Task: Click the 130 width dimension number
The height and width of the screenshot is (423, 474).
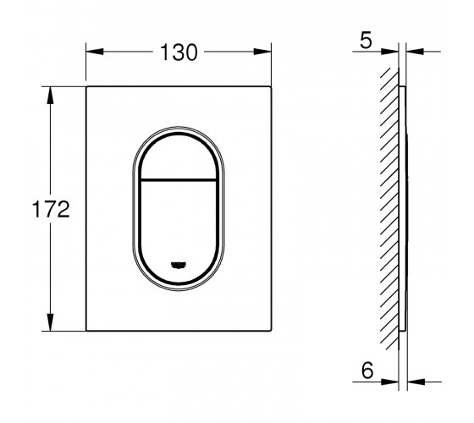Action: point(179,52)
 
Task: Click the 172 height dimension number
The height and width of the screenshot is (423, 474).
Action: point(51,209)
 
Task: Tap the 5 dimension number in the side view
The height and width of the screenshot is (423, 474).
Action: point(366,41)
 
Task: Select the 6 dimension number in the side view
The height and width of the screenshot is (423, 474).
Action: point(367,371)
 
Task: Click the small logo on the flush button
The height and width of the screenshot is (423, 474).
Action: point(179,265)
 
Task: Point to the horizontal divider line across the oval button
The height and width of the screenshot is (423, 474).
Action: point(179,180)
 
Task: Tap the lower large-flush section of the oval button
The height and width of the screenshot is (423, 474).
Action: point(179,229)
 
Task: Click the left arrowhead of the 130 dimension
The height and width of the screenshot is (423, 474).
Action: point(95,52)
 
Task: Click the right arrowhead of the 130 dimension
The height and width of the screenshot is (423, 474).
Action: point(262,52)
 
